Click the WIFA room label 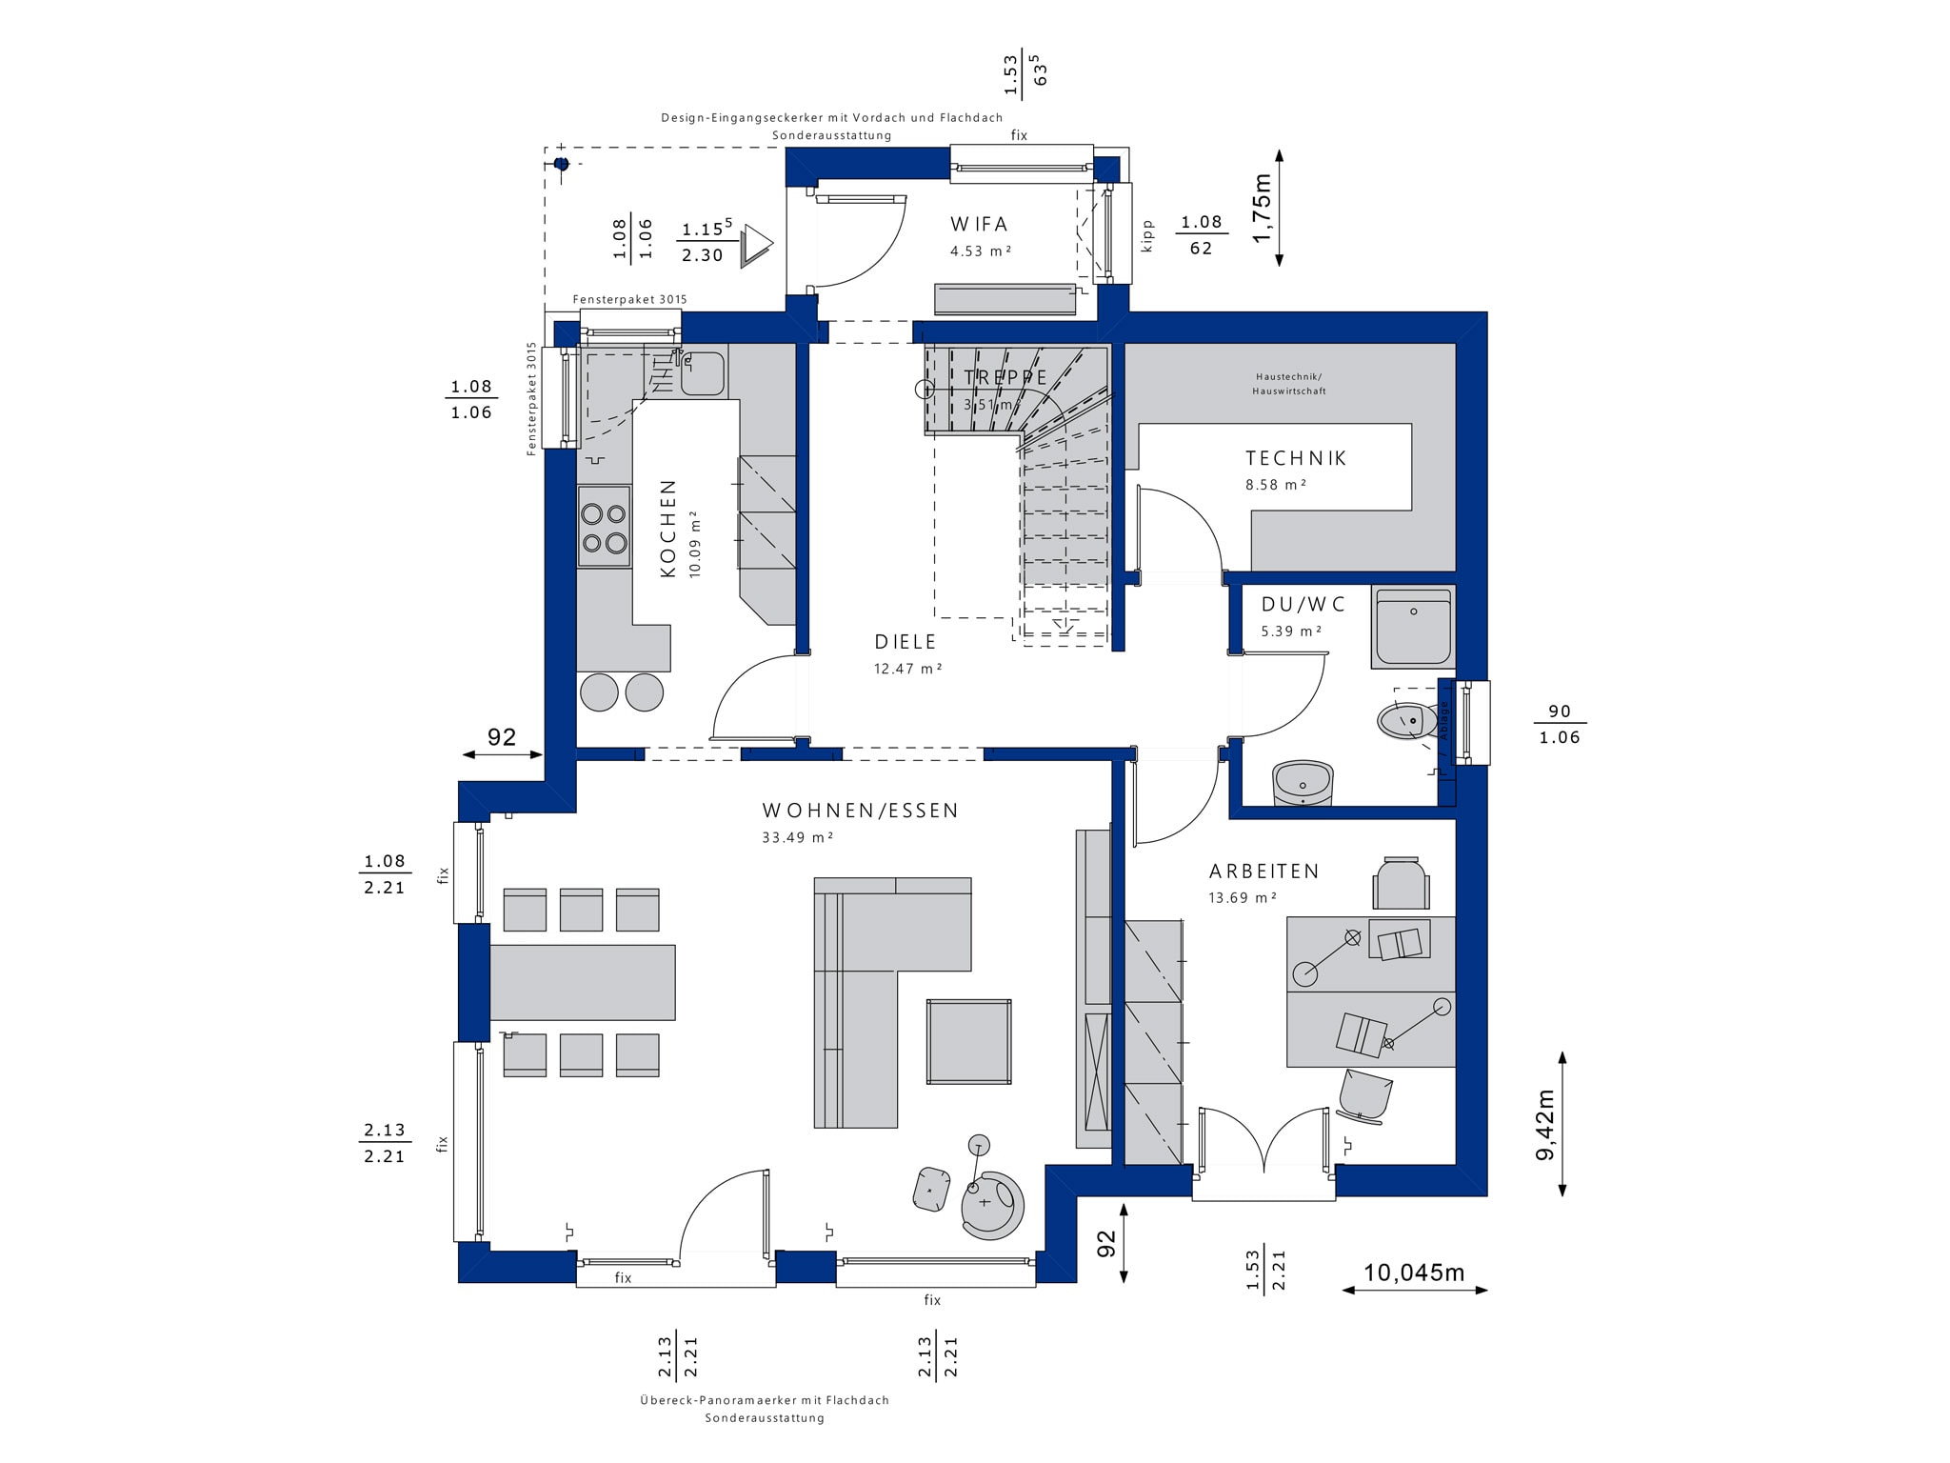(979, 225)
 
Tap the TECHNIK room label (1296, 458)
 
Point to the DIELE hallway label (905, 642)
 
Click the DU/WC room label (1303, 604)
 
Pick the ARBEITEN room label (1264, 872)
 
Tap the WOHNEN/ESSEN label (860, 811)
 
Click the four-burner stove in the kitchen (604, 527)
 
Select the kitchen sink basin (703, 373)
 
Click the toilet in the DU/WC (1408, 721)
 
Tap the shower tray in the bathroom (1413, 627)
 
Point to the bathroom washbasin (1303, 783)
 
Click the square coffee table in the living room (969, 1041)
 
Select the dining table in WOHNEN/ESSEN (582, 982)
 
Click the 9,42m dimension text (1544, 1125)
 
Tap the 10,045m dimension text (1414, 1273)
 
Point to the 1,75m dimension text (1262, 208)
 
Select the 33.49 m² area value (798, 838)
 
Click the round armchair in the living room (993, 1204)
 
